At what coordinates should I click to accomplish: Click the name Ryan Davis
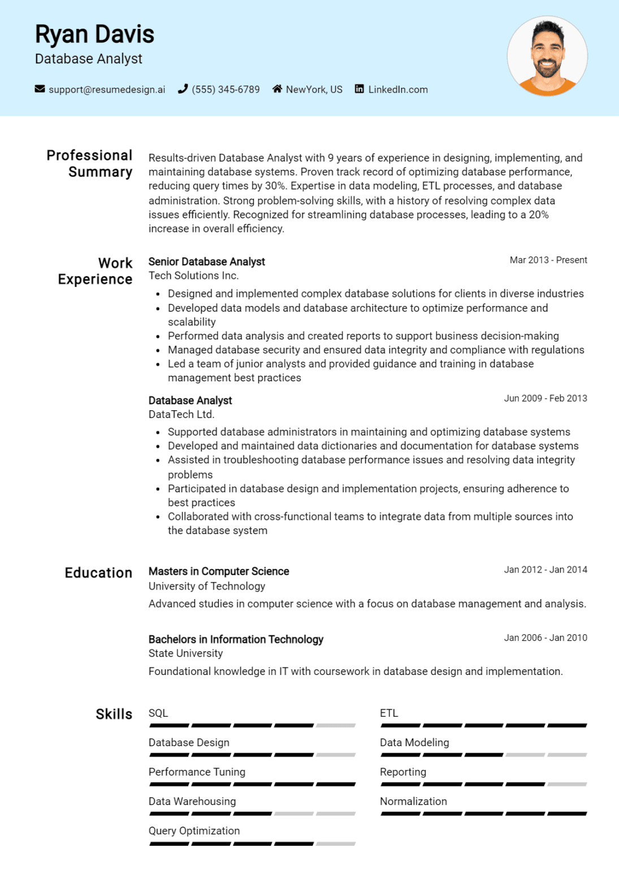click(94, 35)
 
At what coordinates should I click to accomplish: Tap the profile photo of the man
click(547, 56)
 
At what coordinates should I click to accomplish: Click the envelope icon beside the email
click(40, 89)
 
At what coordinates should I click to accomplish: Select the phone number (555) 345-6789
click(226, 89)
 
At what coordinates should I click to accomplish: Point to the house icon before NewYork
click(277, 89)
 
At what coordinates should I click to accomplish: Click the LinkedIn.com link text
click(398, 89)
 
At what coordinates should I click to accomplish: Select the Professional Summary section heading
click(89, 164)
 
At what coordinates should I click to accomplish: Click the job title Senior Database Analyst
click(206, 261)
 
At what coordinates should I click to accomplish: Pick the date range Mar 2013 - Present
click(548, 260)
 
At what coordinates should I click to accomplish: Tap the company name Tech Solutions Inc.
click(193, 276)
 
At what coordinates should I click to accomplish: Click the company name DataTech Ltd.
click(181, 414)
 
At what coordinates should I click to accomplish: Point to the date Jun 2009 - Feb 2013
click(545, 398)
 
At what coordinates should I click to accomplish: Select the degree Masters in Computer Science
click(218, 571)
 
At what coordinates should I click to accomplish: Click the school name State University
click(185, 653)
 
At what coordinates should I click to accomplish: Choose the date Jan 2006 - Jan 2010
click(545, 638)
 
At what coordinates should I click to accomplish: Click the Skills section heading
click(114, 714)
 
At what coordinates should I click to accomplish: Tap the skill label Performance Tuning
click(197, 772)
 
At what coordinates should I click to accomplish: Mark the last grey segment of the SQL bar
click(336, 725)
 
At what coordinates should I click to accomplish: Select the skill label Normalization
click(413, 801)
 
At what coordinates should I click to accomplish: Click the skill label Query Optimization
click(194, 831)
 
